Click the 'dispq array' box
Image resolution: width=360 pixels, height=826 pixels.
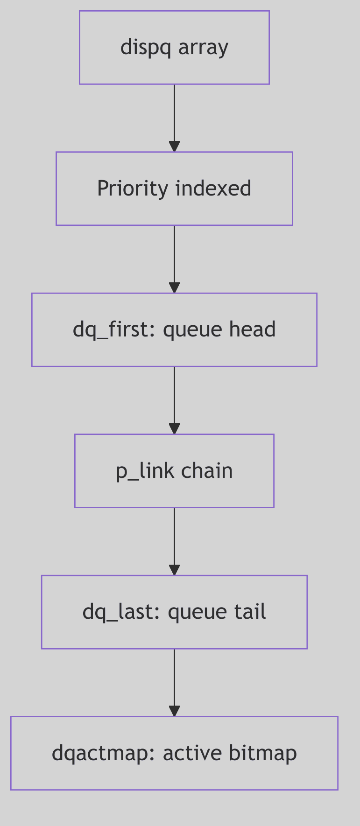tap(174, 48)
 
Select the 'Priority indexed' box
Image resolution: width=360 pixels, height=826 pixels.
tap(174, 189)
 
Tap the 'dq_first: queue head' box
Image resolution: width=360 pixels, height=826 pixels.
tap(174, 329)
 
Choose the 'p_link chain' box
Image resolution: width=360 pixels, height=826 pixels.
tap(174, 471)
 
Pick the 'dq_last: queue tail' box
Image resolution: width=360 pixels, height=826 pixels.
tap(174, 612)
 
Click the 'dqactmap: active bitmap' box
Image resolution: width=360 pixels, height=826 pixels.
tap(174, 753)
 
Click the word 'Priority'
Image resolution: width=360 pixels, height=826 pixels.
tap(132, 189)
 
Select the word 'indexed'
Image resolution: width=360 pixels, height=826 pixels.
tap(213, 189)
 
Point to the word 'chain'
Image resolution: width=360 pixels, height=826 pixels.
tap(207, 471)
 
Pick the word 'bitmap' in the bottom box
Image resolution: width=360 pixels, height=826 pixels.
tap(263, 753)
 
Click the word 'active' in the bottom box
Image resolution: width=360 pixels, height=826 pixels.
tap(193, 753)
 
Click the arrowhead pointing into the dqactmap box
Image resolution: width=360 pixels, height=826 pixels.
tap(174, 711)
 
